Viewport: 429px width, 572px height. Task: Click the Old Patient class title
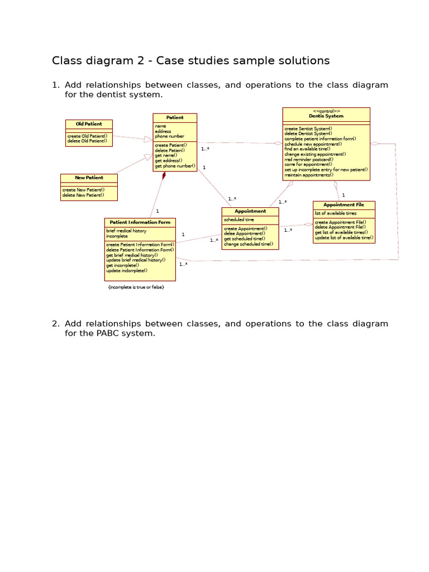[x=89, y=124]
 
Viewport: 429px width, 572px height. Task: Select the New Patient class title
[x=89, y=178]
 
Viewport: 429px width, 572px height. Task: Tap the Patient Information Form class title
[x=140, y=222]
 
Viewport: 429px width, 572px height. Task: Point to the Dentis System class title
[x=326, y=116]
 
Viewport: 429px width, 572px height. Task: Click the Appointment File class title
[x=344, y=205]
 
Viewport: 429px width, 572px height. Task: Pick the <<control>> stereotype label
[x=326, y=111]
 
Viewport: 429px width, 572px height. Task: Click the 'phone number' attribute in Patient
[x=169, y=136]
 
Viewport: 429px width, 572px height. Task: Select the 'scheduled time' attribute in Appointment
[x=239, y=220]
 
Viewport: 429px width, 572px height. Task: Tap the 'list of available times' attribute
[x=335, y=213]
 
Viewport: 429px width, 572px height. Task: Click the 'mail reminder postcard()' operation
[x=308, y=159]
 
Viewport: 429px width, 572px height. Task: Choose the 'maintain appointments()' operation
[x=308, y=175]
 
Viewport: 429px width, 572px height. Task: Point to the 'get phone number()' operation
[x=175, y=166]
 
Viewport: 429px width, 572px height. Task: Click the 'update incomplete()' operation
[x=127, y=270]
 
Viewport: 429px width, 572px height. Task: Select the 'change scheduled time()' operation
[x=248, y=244]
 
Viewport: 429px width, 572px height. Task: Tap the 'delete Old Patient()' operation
[x=87, y=141]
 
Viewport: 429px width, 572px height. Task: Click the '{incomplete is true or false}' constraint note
[x=136, y=287]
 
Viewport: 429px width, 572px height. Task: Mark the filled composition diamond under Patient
[x=164, y=175]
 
